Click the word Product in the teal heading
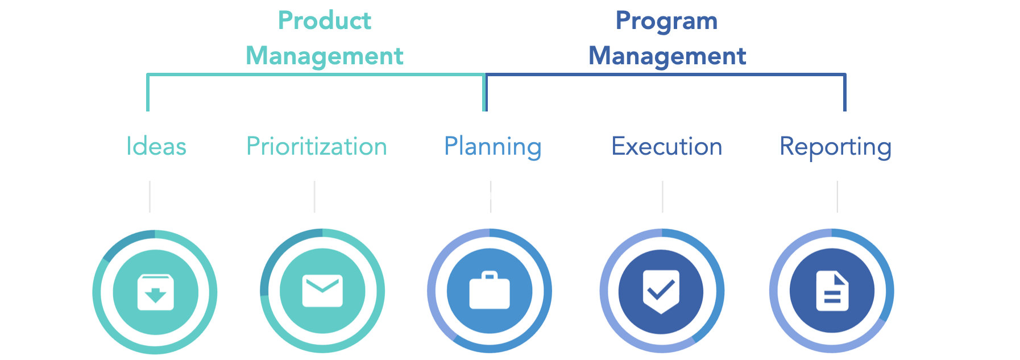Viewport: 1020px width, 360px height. coord(324,21)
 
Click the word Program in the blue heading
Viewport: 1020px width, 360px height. coord(666,21)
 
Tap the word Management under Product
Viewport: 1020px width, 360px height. coord(324,56)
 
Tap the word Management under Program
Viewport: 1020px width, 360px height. coord(667,56)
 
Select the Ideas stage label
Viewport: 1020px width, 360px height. coord(156,147)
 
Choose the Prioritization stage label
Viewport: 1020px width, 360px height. coord(317,147)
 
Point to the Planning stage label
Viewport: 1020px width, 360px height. coord(492,147)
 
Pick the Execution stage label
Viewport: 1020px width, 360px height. coord(666,147)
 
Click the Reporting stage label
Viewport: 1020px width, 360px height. coord(835,147)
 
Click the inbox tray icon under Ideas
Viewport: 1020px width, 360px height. coord(155,292)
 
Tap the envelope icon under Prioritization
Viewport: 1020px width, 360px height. coord(322,291)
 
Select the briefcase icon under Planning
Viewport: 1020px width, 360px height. coord(490,291)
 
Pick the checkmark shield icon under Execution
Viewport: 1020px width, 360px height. coord(661,291)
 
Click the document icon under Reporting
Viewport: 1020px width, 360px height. coord(832,291)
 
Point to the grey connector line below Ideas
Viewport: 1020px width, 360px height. coord(150,197)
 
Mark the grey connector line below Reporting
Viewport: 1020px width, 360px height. coord(837,197)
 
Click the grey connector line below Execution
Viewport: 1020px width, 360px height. coord(662,197)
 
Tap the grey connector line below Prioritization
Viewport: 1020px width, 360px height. coord(314,197)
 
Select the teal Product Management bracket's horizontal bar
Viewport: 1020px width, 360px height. coord(316,75)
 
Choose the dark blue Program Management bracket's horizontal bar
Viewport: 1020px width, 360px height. coord(665,75)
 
